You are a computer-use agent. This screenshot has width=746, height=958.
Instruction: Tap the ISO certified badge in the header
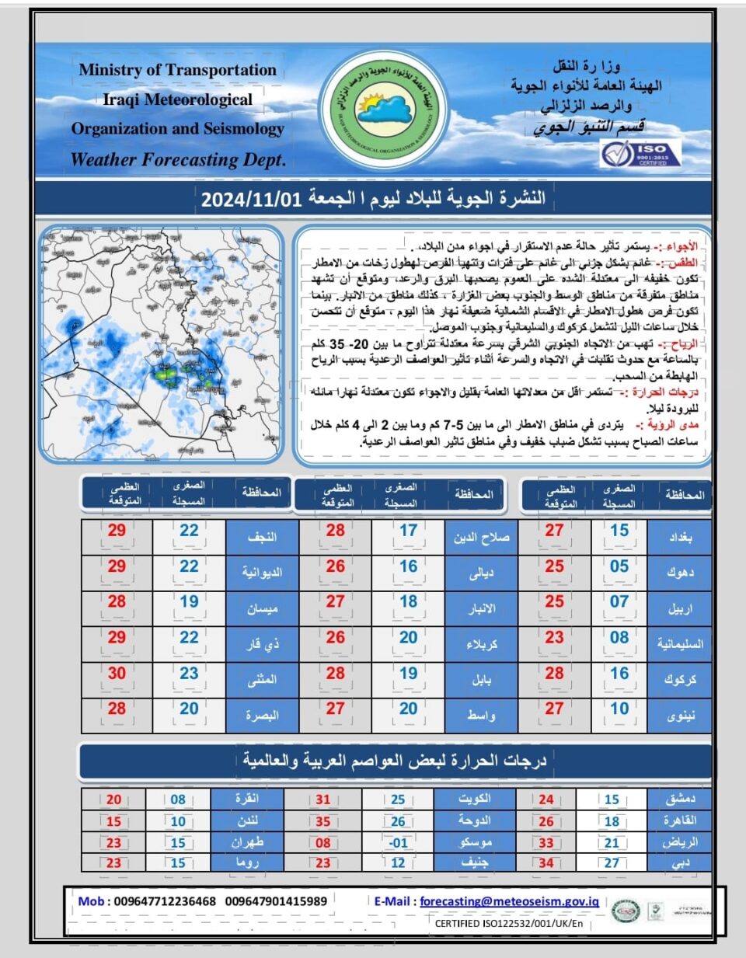[641, 154]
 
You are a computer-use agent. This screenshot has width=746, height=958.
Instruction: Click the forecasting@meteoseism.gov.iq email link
[509, 901]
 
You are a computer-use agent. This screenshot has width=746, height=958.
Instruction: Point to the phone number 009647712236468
[165, 901]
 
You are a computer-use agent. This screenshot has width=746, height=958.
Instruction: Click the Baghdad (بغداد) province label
[680, 537]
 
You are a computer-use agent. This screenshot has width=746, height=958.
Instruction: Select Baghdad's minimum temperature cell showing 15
[619, 531]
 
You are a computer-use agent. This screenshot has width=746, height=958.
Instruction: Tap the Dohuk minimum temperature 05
[619, 566]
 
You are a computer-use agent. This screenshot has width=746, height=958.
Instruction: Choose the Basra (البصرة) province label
[262, 716]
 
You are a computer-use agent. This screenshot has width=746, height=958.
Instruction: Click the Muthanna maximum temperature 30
[117, 674]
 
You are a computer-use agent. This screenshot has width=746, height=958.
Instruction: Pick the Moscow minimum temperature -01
[398, 843]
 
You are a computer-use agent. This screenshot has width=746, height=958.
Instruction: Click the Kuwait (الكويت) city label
[474, 799]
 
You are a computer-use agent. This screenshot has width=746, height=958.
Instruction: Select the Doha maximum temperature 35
[323, 821]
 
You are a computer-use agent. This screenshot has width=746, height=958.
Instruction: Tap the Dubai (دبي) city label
[681, 862]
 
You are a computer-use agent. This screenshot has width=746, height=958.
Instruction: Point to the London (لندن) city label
[248, 821]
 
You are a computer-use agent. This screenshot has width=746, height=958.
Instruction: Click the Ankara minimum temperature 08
[178, 799]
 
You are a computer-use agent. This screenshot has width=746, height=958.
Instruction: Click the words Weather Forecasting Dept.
[178, 160]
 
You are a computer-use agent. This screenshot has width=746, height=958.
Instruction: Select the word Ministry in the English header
[109, 70]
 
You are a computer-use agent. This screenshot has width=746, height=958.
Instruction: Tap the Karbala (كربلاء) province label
[482, 644]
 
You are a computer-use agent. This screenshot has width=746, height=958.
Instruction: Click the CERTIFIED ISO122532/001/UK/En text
[508, 924]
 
